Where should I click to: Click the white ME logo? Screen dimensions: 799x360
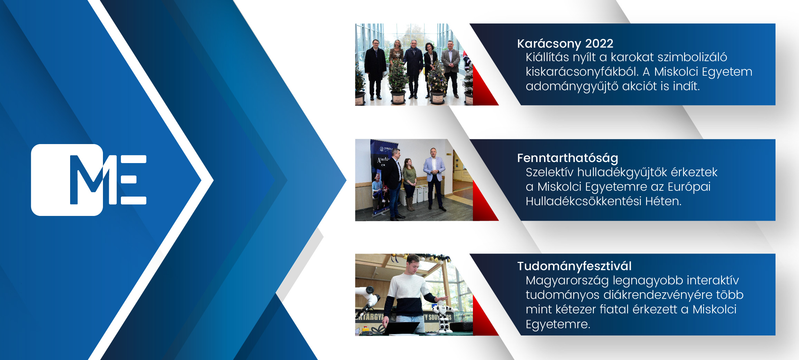(x=89, y=180)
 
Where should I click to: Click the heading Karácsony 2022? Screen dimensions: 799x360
(x=565, y=44)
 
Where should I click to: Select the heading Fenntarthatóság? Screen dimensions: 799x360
(x=568, y=158)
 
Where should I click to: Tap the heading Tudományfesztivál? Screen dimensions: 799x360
(x=574, y=266)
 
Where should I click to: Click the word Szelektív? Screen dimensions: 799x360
(x=549, y=172)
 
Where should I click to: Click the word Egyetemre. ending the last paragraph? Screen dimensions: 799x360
(x=558, y=324)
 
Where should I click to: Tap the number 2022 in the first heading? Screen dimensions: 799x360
(x=599, y=44)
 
